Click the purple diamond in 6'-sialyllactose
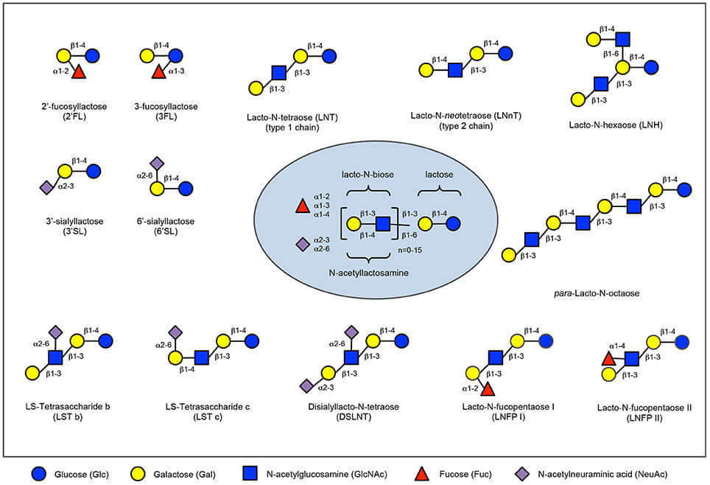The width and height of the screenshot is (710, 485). point(155,163)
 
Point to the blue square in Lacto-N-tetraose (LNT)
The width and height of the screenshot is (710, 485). point(278,72)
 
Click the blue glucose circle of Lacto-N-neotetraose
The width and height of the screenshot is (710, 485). point(505,53)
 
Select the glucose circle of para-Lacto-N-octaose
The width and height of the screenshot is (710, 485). point(684,189)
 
